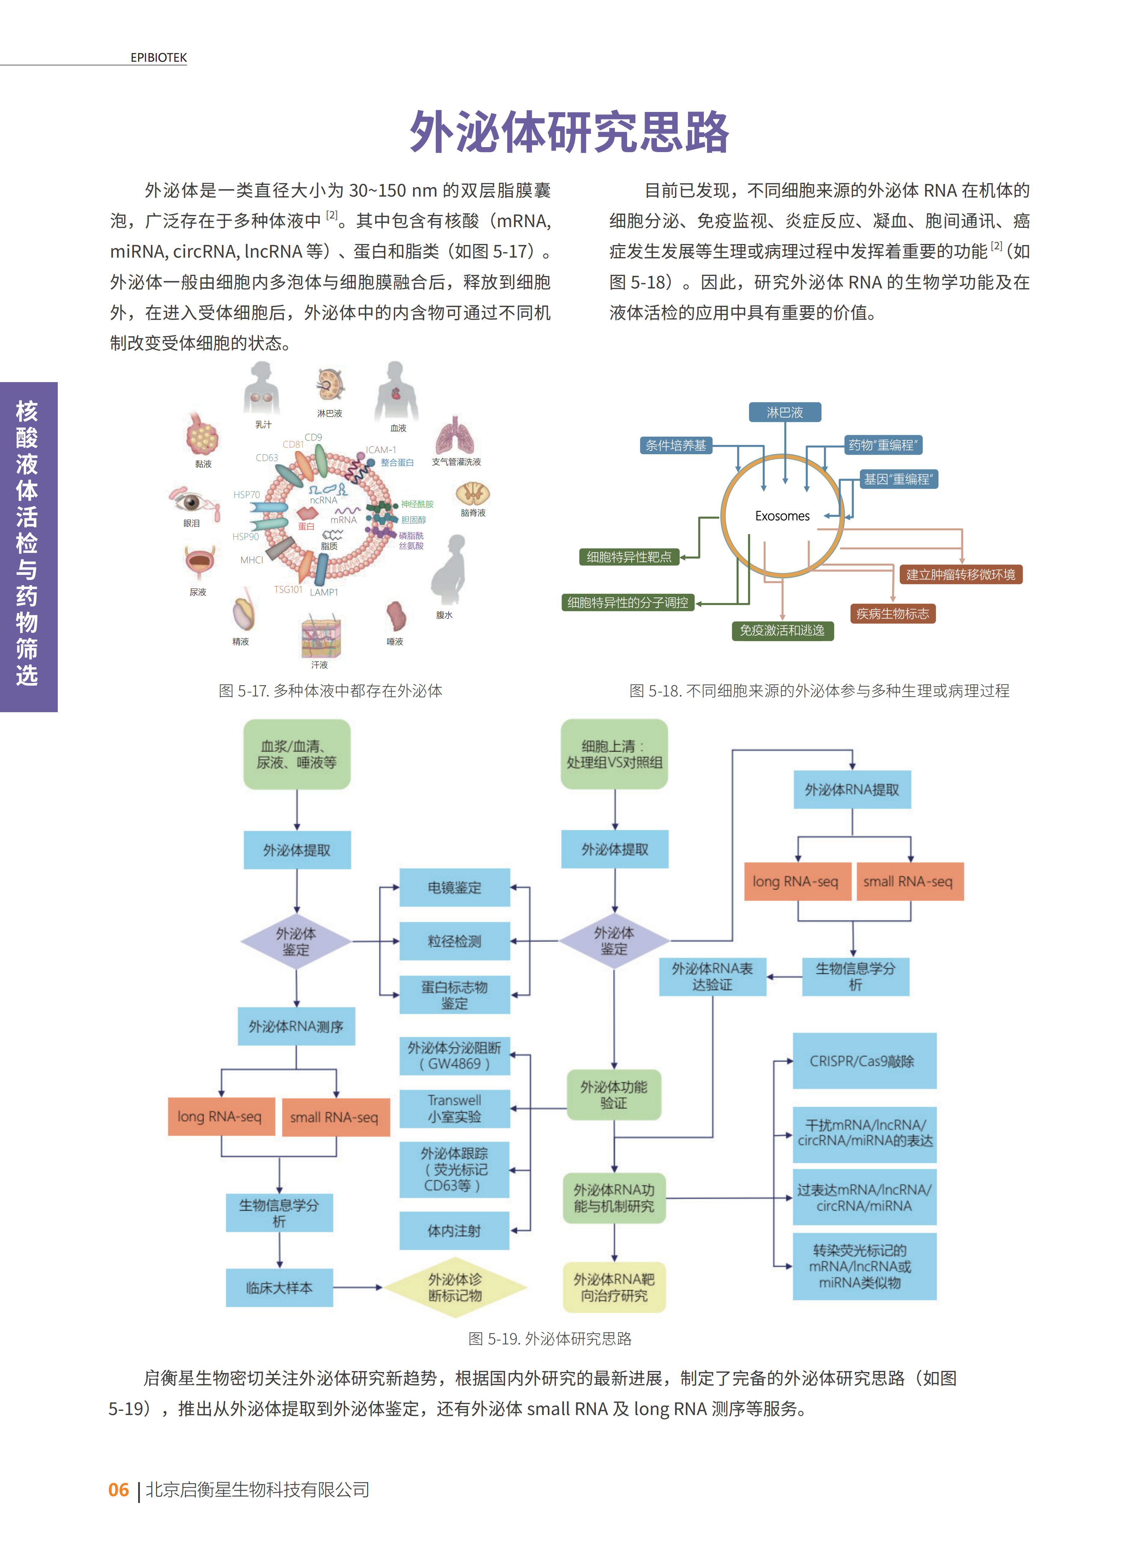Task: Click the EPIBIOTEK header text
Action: (x=159, y=58)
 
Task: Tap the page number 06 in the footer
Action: (x=119, y=1489)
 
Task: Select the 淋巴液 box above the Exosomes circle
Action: (x=785, y=412)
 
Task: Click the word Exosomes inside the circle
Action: (x=782, y=516)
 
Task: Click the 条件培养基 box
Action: (x=676, y=446)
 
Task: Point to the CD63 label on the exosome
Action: (x=267, y=458)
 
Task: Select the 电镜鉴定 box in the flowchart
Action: (x=455, y=888)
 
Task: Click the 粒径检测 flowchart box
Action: (x=455, y=941)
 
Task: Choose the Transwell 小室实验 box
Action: (x=455, y=1108)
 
